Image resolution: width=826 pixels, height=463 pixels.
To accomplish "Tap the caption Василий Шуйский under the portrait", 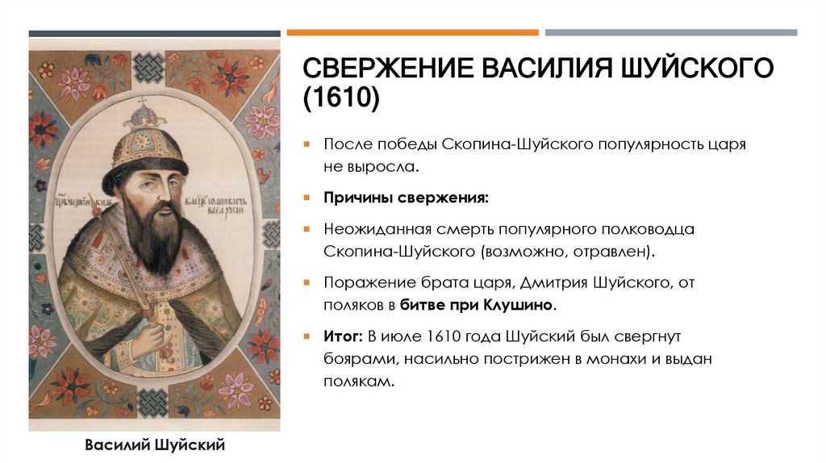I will point(155,444).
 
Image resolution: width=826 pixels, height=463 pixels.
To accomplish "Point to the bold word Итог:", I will point(343,334).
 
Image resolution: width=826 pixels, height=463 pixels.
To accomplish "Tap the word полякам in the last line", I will point(360,382).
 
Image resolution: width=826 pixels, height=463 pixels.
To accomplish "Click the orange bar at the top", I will point(412,32).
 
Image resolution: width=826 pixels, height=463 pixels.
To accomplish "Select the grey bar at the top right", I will point(670,32).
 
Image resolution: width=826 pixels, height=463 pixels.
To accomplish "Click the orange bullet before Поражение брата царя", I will point(307,283).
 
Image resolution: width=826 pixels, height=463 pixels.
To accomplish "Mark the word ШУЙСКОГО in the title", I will point(699,68).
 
